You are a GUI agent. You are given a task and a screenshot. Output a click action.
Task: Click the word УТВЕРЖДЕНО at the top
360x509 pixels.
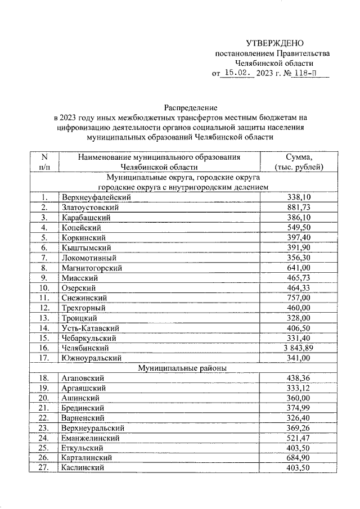(275, 43)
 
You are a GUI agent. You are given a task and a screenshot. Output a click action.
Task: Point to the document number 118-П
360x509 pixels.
(303, 73)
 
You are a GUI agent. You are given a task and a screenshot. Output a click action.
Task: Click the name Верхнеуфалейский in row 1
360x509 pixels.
(96, 197)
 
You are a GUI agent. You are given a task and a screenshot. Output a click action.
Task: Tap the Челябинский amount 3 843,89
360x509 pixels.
(299, 348)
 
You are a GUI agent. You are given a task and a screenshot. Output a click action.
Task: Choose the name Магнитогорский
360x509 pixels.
(92, 268)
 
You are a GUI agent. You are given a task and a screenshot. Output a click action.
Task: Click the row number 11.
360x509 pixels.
(44, 298)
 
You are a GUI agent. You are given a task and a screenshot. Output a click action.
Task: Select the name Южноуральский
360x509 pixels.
(91, 358)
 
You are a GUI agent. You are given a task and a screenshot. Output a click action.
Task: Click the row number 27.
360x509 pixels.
(44, 468)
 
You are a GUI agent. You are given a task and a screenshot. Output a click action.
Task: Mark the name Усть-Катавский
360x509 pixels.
(90, 328)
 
